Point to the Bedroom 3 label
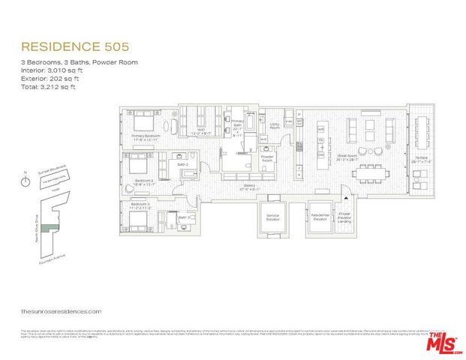coord(140,203)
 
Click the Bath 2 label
coord(181,165)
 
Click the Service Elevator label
coord(272,217)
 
